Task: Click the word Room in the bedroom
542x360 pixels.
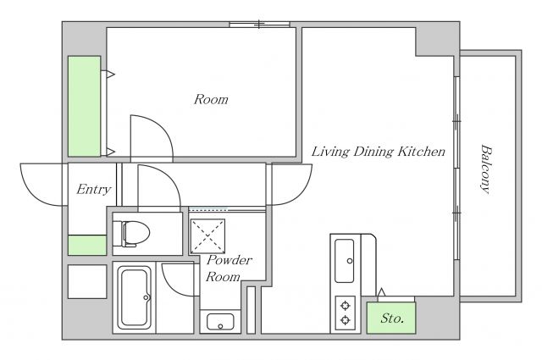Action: tap(211, 100)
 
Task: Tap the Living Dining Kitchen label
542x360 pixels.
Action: tap(379, 152)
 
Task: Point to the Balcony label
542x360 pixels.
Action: tap(486, 169)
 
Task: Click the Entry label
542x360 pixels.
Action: tap(94, 189)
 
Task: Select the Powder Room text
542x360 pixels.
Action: tap(229, 269)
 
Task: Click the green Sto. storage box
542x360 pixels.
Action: tap(391, 318)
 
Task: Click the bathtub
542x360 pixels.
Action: tap(134, 298)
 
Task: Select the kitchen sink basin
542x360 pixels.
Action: tap(345, 261)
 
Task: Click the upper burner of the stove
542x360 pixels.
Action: tap(346, 305)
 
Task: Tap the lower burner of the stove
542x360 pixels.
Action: tap(346, 320)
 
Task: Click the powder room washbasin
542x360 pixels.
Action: tap(220, 322)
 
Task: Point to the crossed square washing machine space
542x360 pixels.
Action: tap(207, 236)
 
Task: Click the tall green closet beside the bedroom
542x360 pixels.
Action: tap(85, 106)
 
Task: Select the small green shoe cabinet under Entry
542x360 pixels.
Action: tap(87, 245)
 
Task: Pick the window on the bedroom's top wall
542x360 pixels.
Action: tap(260, 25)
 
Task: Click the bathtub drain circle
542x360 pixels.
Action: tap(146, 297)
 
